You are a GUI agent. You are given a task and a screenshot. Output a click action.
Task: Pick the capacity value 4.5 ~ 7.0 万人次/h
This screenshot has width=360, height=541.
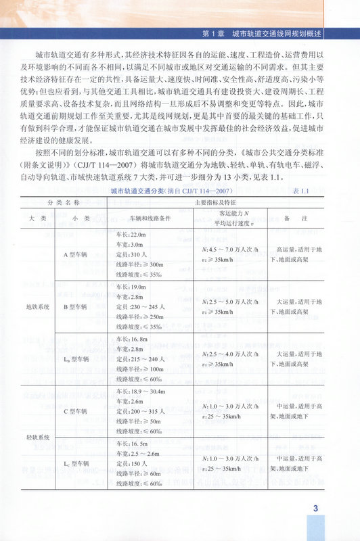pyautogui.click(x=233, y=249)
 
